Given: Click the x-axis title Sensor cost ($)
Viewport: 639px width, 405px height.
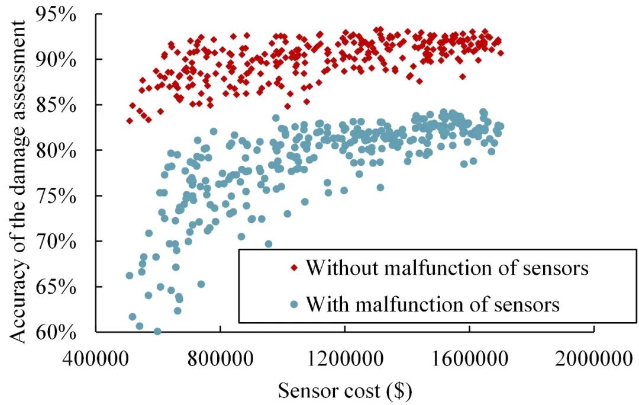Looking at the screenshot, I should (345, 391).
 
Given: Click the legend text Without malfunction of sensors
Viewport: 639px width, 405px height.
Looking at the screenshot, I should (447, 268).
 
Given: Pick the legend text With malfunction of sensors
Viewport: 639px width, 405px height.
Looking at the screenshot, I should (432, 304).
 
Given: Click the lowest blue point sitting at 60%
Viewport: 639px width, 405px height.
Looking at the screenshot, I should (157, 332).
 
